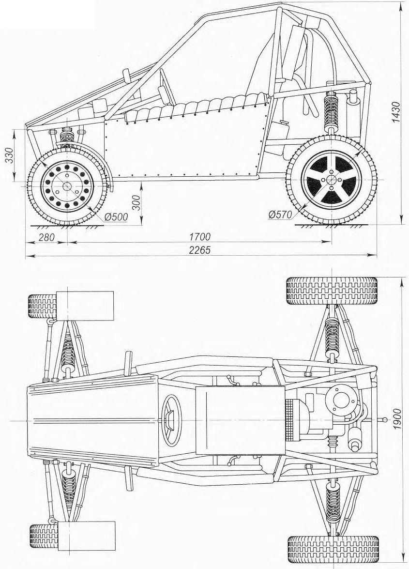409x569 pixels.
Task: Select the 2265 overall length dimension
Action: click(x=200, y=250)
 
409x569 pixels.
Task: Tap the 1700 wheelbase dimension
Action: click(x=200, y=237)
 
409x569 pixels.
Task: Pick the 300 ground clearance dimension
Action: click(x=136, y=201)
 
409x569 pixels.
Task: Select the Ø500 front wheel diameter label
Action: click(x=116, y=217)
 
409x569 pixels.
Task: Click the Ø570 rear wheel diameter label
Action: click(x=280, y=215)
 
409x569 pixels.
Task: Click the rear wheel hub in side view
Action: click(x=331, y=180)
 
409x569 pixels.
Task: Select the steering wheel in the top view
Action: click(x=171, y=420)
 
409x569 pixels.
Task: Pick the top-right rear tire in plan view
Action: click(x=332, y=291)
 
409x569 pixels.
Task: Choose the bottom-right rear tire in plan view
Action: click(x=333, y=550)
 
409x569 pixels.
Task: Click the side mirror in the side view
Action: click(x=127, y=77)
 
